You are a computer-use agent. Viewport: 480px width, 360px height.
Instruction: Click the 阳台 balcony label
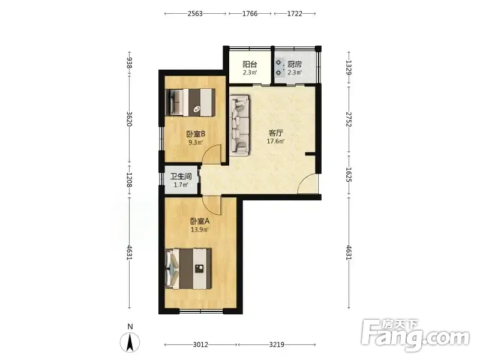pyautogui.click(x=250, y=64)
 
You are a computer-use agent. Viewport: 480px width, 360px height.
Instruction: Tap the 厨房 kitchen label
pyautogui.click(x=295, y=64)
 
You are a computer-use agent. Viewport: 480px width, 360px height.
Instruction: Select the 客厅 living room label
pyautogui.click(x=275, y=133)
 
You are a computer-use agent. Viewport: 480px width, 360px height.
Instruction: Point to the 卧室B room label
pyautogui.click(x=196, y=134)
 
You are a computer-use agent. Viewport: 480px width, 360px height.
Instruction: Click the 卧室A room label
pyautogui.click(x=200, y=221)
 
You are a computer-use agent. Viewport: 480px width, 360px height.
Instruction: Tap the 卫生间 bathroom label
pyautogui.click(x=181, y=176)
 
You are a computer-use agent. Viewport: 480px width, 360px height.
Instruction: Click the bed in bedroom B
pyautogui.click(x=190, y=102)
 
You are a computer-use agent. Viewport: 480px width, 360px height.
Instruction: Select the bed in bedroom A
pyautogui.click(x=188, y=269)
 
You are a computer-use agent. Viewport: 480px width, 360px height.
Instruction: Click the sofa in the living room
pyautogui.click(x=239, y=125)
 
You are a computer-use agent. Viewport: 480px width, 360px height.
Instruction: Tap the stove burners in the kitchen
pyautogui.click(x=278, y=68)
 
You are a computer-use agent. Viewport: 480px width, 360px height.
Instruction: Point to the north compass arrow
pyautogui.click(x=130, y=342)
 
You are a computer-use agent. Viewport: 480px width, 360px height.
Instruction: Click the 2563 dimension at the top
pyautogui.click(x=195, y=13)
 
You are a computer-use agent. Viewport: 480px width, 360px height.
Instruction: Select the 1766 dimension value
pyautogui.click(x=250, y=13)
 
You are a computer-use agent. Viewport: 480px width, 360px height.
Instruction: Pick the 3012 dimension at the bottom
pyautogui.click(x=200, y=344)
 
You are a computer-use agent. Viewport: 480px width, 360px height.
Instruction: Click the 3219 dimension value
pyautogui.click(x=277, y=344)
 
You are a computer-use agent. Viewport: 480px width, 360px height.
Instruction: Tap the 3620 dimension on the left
pyautogui.click(x=130, y=119)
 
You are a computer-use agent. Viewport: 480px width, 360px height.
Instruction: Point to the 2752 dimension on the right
pyautogui.click(x=349, y=119)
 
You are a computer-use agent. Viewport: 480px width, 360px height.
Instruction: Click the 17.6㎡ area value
pyautogui.click(x=275, y=141)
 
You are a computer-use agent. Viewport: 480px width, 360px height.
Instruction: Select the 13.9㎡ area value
pyautogui.click(x=200, y=229)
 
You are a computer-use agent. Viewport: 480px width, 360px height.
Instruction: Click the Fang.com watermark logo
pyautogui.click(x=415, y=336)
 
